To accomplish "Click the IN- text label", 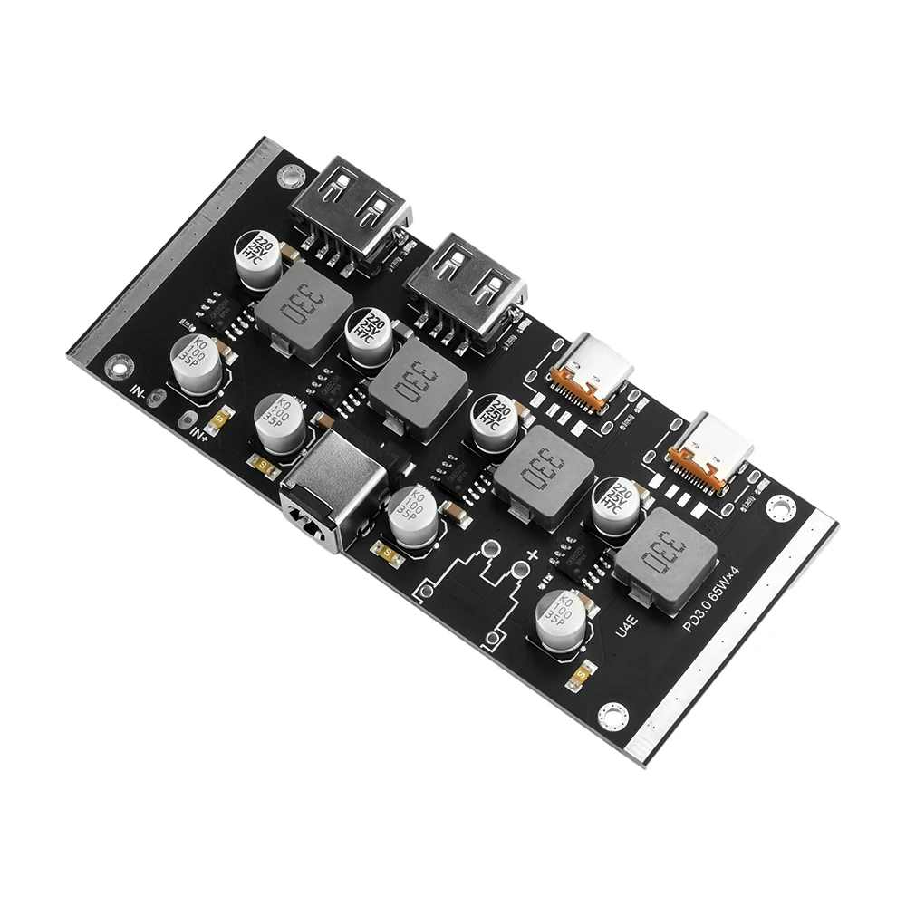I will (138, 391).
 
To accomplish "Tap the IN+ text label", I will (200, 432).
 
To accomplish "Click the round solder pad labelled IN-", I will (157, 397).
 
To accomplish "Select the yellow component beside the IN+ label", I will (220, 419).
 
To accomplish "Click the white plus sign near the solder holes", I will (533, 554).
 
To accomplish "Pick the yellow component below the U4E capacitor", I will (582, 675).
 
